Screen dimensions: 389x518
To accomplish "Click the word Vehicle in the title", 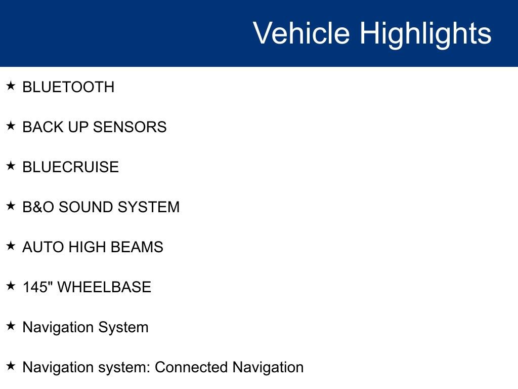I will (301, 33).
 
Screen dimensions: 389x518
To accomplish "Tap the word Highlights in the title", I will (425, 33).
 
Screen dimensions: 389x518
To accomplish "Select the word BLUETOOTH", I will (68, 87).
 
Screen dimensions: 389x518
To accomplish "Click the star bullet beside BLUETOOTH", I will (11, 86).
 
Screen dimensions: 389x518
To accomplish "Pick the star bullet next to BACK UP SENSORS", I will (11, 126).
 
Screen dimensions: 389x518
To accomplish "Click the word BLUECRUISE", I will (70, 167).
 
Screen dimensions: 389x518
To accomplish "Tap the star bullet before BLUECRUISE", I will (11, 166).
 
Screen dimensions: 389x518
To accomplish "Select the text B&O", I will (38, 207).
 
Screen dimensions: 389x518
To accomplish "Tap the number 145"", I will (37, 287).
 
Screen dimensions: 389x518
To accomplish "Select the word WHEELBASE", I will (104, 287).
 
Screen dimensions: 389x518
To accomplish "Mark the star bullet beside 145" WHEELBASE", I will (11, 286).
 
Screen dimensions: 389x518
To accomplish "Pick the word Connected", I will (191, 367).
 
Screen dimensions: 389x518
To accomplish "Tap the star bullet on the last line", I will (11, 366).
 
